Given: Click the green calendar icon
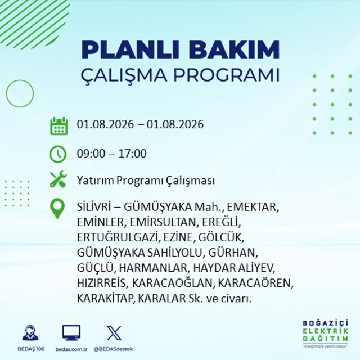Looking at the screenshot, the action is click(x=59, y=126).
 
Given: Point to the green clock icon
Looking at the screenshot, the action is click(x=58, y=154).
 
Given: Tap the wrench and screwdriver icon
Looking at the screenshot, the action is click(x=58, y=179).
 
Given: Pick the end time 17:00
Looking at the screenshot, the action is click(x=133, y=154).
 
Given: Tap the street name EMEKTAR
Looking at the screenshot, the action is click(x=251, y=207).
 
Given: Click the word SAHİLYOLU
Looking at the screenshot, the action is click(x=175, y=253).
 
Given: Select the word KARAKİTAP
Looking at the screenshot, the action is click(x=105, y=298).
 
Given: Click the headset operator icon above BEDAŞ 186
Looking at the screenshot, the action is click(x=30, y=333).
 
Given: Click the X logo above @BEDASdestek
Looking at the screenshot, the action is click(x=114, y=333).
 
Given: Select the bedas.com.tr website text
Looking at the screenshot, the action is click(x=71, y=349).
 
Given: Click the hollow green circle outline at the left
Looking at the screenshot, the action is click(x=6, y=94).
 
